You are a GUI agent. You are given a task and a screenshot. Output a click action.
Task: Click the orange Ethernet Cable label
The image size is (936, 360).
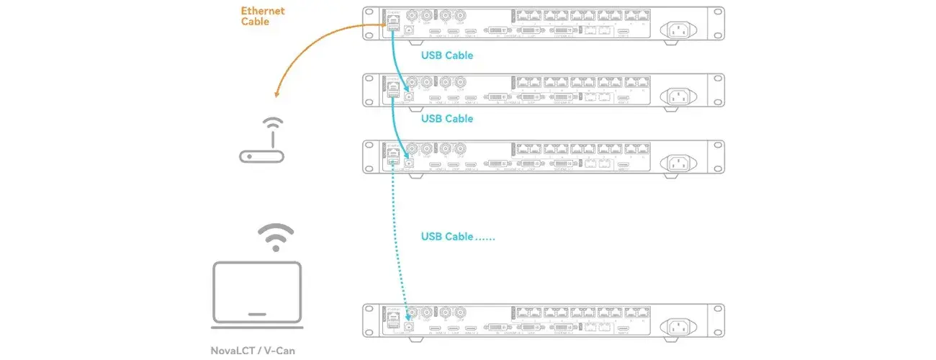coord(263,16)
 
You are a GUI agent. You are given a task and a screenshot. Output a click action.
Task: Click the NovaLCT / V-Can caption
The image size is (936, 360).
coord(254,351)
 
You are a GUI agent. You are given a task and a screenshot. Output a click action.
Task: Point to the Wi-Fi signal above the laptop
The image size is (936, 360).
coord(276,236)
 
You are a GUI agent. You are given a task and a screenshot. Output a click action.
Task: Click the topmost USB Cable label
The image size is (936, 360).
coord(446,55)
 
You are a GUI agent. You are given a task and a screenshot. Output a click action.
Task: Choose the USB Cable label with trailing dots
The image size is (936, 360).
coord(458,236)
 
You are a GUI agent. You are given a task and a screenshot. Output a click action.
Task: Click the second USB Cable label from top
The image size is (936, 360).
coord(446,118)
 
